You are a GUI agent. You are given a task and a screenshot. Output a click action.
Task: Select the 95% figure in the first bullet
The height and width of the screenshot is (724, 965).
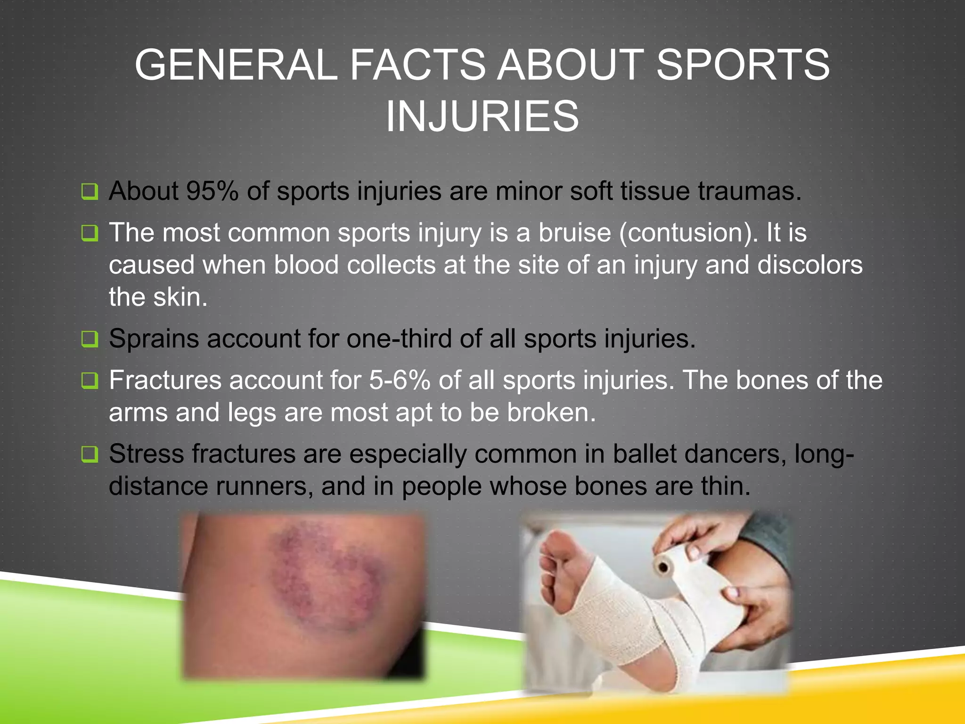(x=212, y=191)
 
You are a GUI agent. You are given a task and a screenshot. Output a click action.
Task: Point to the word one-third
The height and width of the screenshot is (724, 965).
(x=399, y=338)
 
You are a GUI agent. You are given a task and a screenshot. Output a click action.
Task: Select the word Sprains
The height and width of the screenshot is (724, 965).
(x=154, y=338)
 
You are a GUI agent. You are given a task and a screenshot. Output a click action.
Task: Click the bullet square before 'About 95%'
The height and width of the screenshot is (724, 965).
(x=90, y=192)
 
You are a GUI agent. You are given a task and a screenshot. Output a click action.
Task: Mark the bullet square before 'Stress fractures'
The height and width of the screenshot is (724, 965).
(x=90, y=454)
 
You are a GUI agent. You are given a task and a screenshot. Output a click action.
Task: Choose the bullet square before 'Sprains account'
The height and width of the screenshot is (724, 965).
(x=90, y=339)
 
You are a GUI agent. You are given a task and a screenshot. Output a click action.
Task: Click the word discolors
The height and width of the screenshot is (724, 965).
(x=810, y=265)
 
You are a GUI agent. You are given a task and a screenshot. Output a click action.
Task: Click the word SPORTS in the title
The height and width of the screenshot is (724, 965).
(x=743, y=65)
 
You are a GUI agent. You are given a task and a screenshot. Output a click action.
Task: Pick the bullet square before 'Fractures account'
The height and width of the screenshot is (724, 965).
(x=90, y=380)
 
